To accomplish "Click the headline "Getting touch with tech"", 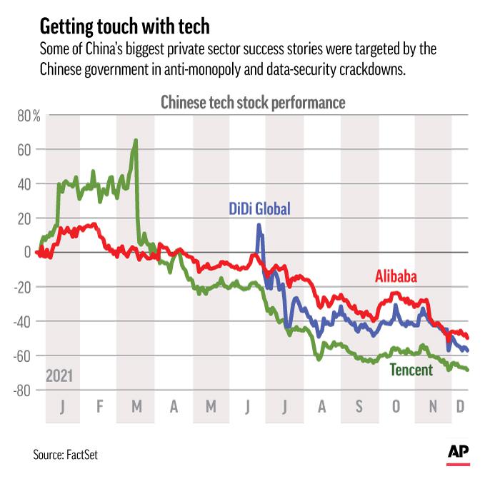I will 124,27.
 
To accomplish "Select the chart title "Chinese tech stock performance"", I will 252,103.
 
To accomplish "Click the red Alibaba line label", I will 396,276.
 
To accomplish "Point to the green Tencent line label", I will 411,370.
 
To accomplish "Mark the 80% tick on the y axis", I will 28,116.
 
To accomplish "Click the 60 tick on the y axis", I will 32,150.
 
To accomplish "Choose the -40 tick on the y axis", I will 29,321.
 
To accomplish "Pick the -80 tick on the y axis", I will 29,390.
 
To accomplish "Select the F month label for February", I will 100,407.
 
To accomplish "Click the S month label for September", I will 359,407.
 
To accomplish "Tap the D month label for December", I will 461,407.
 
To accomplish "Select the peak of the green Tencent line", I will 136,141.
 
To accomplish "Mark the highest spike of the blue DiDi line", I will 259,226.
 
